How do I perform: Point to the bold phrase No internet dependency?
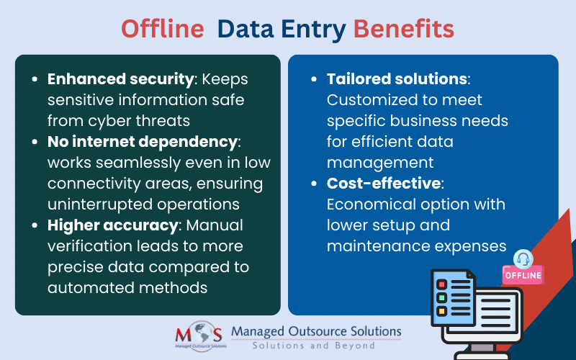pos(143,142)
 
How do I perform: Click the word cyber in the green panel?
pos(112,121)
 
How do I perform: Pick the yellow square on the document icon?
pos(441,311)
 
